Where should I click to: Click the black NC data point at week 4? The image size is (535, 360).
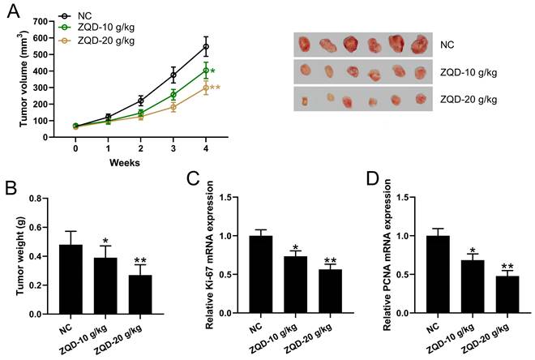coord(205,46)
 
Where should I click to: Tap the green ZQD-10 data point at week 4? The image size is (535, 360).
coord(205,71)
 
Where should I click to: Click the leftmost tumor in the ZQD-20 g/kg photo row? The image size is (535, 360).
coord(305,102)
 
